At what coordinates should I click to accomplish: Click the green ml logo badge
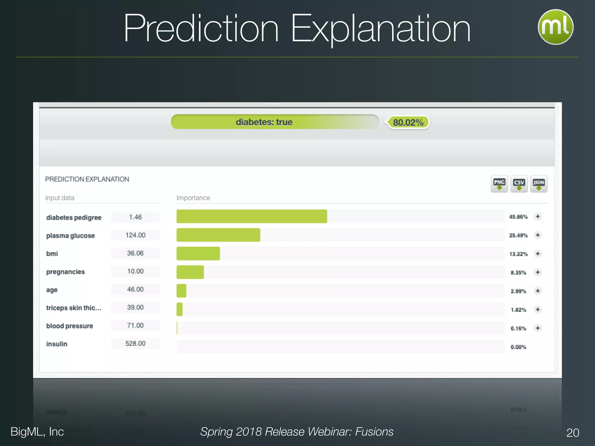coord(555,27)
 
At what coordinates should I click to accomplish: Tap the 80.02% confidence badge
coord(408,123)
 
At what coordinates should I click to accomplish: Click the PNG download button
coord(499,184)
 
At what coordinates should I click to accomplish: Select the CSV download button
coord(519,184)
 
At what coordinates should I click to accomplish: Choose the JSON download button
coord(539,184)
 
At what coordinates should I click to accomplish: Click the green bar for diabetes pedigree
coord(252,216)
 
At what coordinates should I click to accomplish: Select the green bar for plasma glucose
coord(218,235)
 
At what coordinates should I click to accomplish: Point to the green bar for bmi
coord(198,253)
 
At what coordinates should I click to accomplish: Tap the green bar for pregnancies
coord(190,272)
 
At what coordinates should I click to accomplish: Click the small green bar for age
coord(181,291)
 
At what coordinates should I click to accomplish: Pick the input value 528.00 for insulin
coord(135,344)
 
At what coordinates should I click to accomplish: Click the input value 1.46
coord(135,217)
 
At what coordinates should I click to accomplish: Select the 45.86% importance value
coord(518,217)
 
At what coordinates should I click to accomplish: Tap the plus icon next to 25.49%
coord(538,235)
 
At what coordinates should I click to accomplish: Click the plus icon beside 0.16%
coord(538,328)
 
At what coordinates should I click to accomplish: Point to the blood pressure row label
coord(70,326)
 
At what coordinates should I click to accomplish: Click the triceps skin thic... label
coord(74,308)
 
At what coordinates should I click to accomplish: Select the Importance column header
coord(193,198)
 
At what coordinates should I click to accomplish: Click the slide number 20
coord(573,433)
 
